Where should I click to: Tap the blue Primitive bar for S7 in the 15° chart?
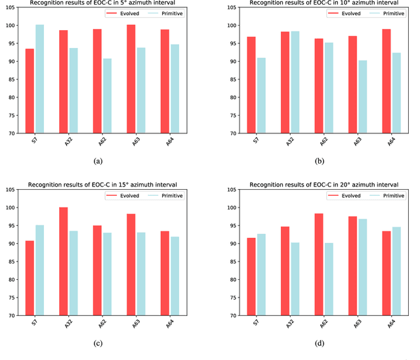pos(40,270)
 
